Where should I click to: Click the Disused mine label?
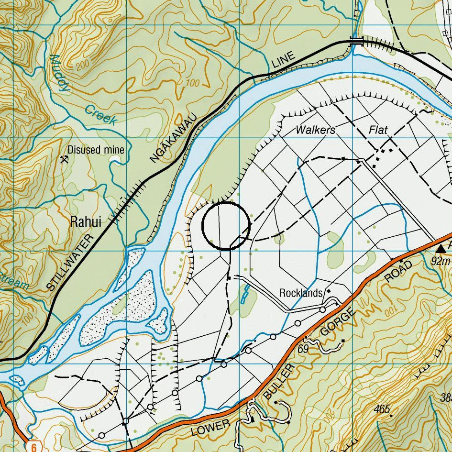96,150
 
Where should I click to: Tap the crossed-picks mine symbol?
64,159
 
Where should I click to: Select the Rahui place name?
86,222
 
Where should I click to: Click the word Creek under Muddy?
100,115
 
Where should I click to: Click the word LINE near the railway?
284,62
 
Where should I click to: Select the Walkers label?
315,130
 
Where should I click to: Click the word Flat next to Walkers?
377,130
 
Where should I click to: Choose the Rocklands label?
301,293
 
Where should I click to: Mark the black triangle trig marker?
441,248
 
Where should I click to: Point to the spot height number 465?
382,409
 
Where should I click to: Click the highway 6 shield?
33,447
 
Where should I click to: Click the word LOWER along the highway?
210,428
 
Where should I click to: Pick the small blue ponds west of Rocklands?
245,295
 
